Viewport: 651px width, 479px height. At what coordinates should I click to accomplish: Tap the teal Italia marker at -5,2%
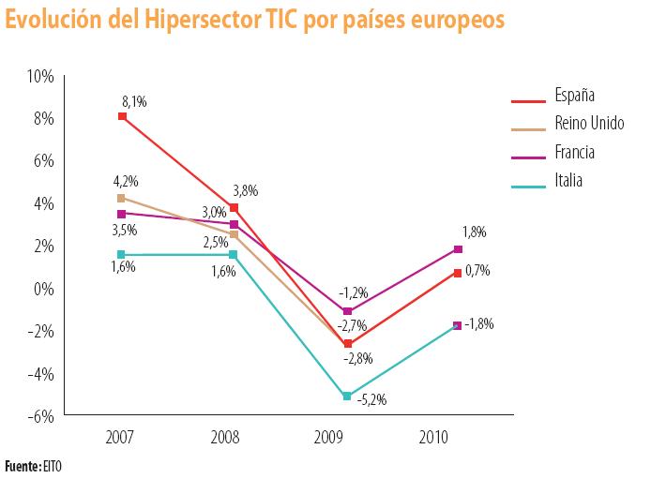tap(347, 396)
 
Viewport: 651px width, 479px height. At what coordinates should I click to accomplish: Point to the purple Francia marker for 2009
tap(347, 311)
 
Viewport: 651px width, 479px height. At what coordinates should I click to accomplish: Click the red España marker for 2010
tap(458, 273)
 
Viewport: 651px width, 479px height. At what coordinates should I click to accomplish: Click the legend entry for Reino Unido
tap(587, 124)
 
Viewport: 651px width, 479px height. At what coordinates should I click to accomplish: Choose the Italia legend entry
tap(568, 181)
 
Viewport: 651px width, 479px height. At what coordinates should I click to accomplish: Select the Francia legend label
tap(574, 152)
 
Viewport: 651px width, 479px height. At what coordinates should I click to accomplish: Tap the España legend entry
tap(574, 96)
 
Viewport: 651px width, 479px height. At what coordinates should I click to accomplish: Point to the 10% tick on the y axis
tap(41, 76)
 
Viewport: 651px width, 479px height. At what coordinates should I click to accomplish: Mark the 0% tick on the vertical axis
tap(45, 288)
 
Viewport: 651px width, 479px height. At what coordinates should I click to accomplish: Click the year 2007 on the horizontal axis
tap(120, 437)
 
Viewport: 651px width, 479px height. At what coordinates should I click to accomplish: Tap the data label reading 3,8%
tap(244, 190)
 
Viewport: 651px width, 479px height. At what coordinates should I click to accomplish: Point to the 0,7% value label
tap(477, 270)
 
